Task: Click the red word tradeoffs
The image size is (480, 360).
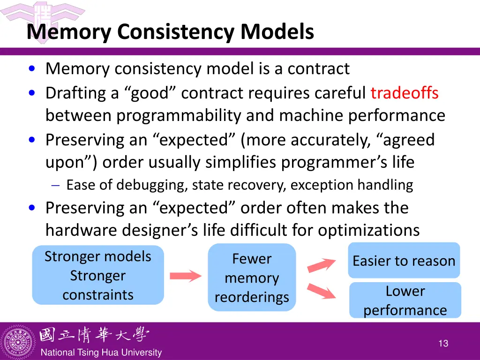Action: pyautogui.click(x=404, y=93)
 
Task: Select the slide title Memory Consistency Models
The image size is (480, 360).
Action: pyautogui.click(x=170, y=32)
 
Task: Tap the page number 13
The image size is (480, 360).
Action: pyautogui.click(x=443, y=344)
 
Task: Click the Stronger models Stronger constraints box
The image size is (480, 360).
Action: pyautogui.click(x=98, y=275)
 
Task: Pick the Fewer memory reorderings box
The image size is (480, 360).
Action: pyautogui.click(x=252, y=277)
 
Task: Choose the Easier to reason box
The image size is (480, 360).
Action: pyautogui.click(x=404, y=261)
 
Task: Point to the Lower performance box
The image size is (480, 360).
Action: pyautogui.click(x=405, y=300)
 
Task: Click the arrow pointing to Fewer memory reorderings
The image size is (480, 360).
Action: pyautogui.click(x=185, y=276)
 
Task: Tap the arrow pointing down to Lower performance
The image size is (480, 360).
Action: pyautogui.click(x=321, y=291)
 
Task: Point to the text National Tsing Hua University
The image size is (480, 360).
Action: pyautogui.click(x=101, y=352)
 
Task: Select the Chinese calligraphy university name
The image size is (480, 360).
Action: pyautogui.click(x=94, y=335)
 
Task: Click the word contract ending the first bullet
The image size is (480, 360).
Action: pyautogui.click(x=318, y=69)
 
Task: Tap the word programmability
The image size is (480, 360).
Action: pyautogui.click(x=180, y=115)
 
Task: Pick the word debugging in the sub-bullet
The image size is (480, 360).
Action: pyautogui.click(x=152, y=185)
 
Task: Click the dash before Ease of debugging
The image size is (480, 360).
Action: pyautogui.click(x=55, y=186)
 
